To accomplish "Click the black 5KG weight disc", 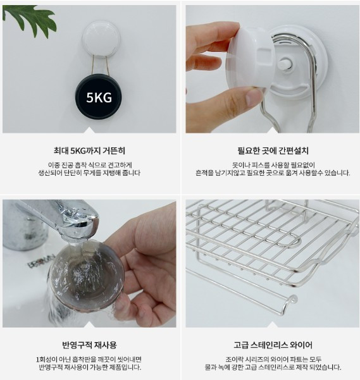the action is point(99,97).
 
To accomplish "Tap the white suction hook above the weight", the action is point(101,39).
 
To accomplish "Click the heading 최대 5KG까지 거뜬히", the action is point(89,150).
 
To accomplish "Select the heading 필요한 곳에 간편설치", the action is point(273,150).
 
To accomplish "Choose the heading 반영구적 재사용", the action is point(89,345).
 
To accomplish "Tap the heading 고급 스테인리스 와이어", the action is point(273,345).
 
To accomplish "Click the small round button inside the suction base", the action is point(285,64).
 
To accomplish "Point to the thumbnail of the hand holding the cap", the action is point(273,69).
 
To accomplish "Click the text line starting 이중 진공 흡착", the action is point(90,165).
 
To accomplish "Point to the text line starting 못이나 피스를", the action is point(273,165).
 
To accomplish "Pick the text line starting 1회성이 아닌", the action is point(89,359).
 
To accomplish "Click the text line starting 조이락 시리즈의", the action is point(273,359).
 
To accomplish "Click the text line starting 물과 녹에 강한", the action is point(273,367).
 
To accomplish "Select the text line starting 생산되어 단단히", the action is point(89,173).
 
